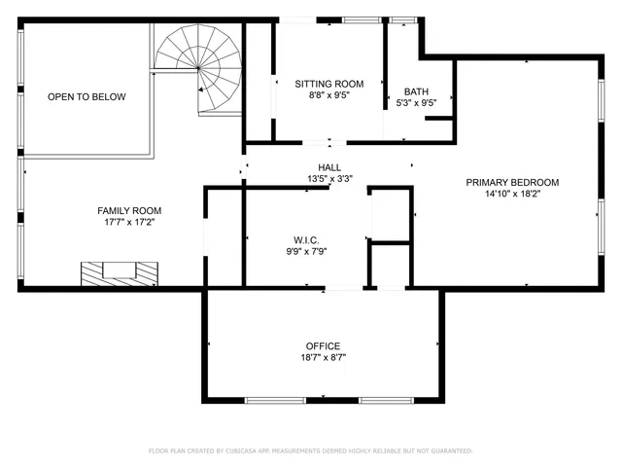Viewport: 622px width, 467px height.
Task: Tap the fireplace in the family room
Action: click(118, 272)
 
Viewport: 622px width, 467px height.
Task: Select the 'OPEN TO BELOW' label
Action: click(86, 97)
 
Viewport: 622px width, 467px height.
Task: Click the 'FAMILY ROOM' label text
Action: click(129, 210)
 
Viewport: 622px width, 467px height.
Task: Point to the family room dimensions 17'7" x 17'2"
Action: click(129, 223)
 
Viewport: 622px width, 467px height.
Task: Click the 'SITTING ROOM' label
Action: click(329, 84)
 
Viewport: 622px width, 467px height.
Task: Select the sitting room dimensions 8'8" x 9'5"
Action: click(329, 96)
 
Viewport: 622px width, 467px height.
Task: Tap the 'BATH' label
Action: click(416, 91)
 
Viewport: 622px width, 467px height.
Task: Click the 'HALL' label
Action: click(329, 167)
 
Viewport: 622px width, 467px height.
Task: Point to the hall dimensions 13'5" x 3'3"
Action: click(329, 179)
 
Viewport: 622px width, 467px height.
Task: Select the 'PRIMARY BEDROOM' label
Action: click(512, 182)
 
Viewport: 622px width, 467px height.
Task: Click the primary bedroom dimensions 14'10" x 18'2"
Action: click(512, 194)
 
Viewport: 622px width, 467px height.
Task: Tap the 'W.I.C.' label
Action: click(306, 239)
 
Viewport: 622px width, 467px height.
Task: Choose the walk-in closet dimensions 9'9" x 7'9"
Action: click(306, 251)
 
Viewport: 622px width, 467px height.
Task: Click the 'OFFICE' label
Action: click(323, 345)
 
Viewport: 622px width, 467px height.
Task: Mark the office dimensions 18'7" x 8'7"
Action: click(323, 358)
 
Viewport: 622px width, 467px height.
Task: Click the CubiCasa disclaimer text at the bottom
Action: click(311, 450)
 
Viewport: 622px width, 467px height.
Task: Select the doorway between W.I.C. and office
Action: click(343, 288)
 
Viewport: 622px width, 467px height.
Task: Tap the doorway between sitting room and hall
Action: click(329, 143)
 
